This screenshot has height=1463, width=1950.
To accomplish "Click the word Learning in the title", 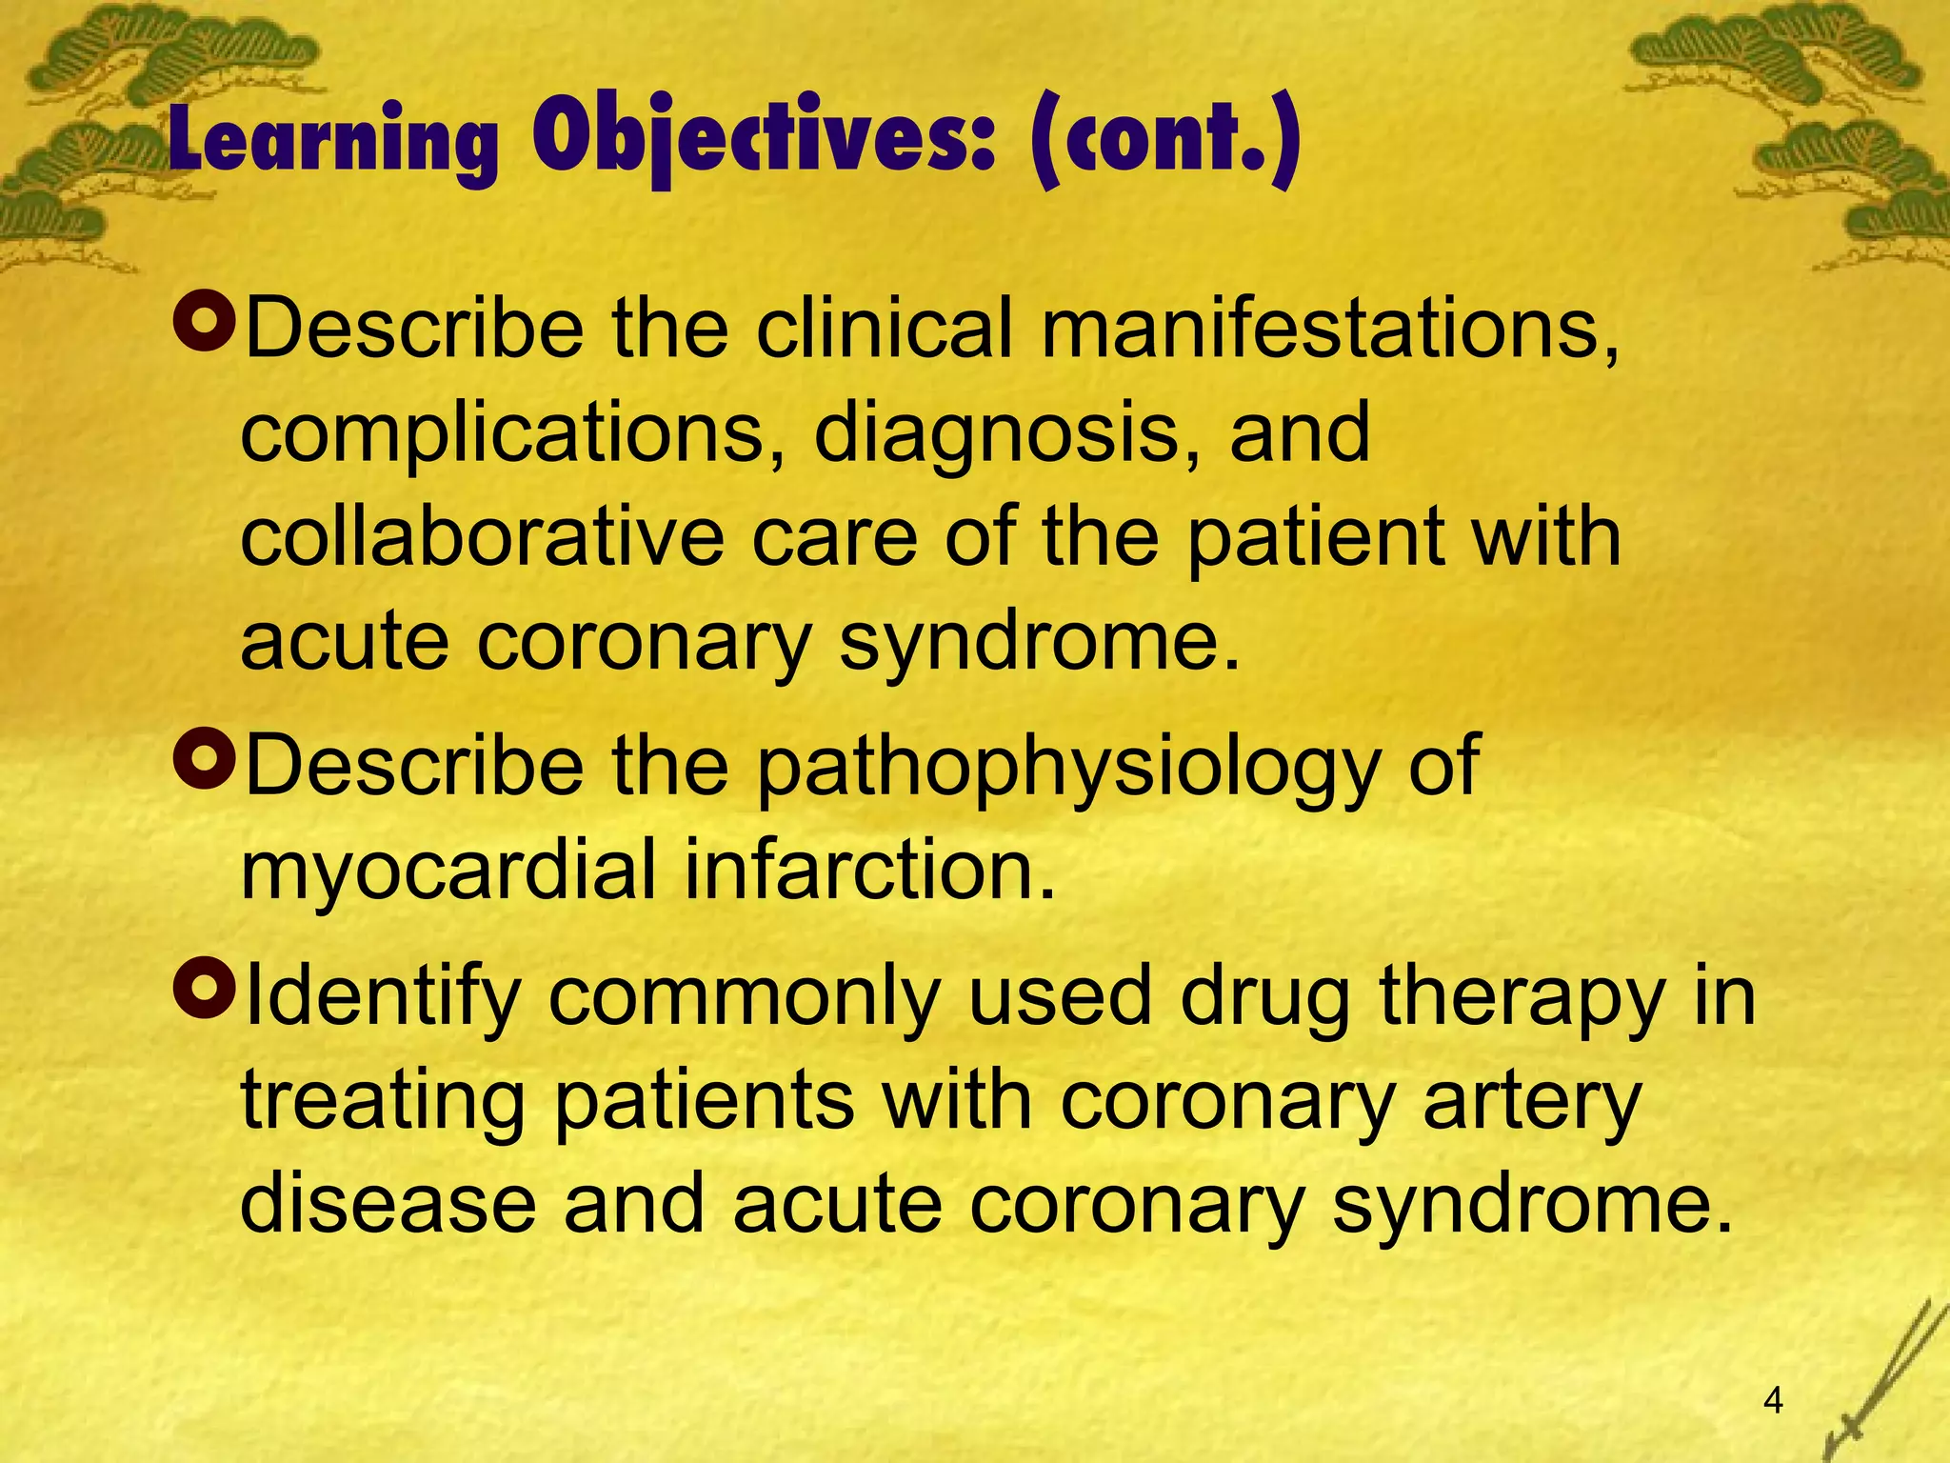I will [333, 143].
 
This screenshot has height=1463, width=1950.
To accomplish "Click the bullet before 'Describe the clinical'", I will [205, 323].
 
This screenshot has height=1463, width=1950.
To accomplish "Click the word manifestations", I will [1329, 329].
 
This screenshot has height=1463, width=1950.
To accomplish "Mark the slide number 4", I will [1773, 1400].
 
